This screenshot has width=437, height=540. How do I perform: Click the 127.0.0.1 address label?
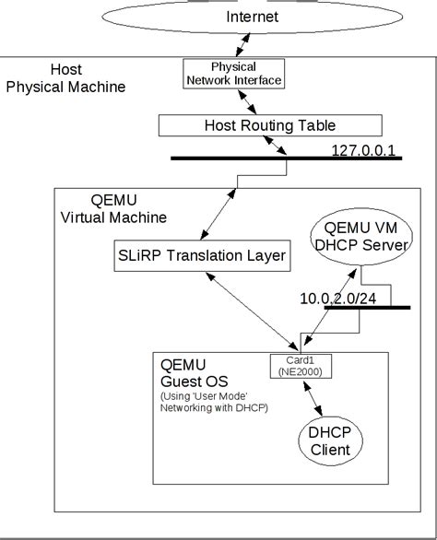click(363, 150)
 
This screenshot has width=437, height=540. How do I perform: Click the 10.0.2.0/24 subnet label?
click(338, 299)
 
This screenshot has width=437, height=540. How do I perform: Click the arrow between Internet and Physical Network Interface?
click(243, 45)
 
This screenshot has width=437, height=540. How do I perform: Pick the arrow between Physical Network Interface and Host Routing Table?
click(247, 101)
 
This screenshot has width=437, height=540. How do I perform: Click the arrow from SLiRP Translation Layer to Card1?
click(252, 311)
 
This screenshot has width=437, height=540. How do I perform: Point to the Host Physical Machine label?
click(65, 78)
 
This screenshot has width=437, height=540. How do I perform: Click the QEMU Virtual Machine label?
click(113, 208)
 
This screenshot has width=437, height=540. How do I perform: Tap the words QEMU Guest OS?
click(195, 373)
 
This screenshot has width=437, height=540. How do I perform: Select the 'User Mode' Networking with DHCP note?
click(214, 402)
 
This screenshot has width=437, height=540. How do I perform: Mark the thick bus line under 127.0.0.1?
click(287, 158)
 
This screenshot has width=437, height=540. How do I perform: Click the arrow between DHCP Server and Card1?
click(330, 307)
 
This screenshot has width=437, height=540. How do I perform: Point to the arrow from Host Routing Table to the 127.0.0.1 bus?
click(275, 146)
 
